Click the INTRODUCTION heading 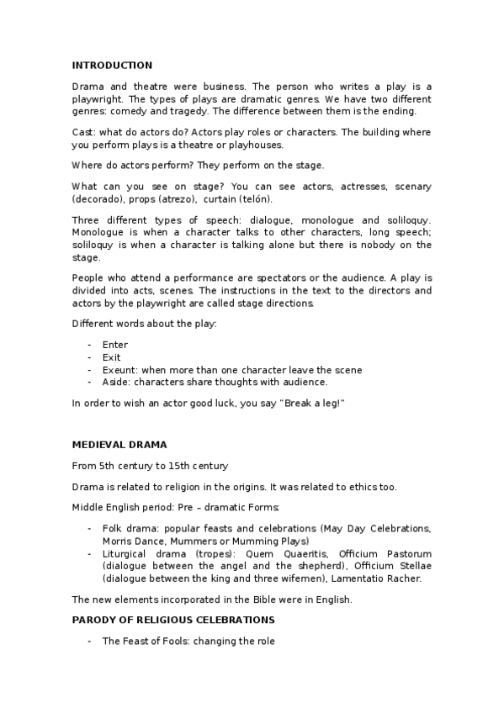[x=112, y=65]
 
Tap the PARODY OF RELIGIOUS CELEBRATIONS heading [x=173, y=620]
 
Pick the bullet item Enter [x=114, y=345]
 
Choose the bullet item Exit [x=111, y=357]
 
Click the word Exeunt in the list [x=119, y=370]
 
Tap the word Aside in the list [x=115, y=382]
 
